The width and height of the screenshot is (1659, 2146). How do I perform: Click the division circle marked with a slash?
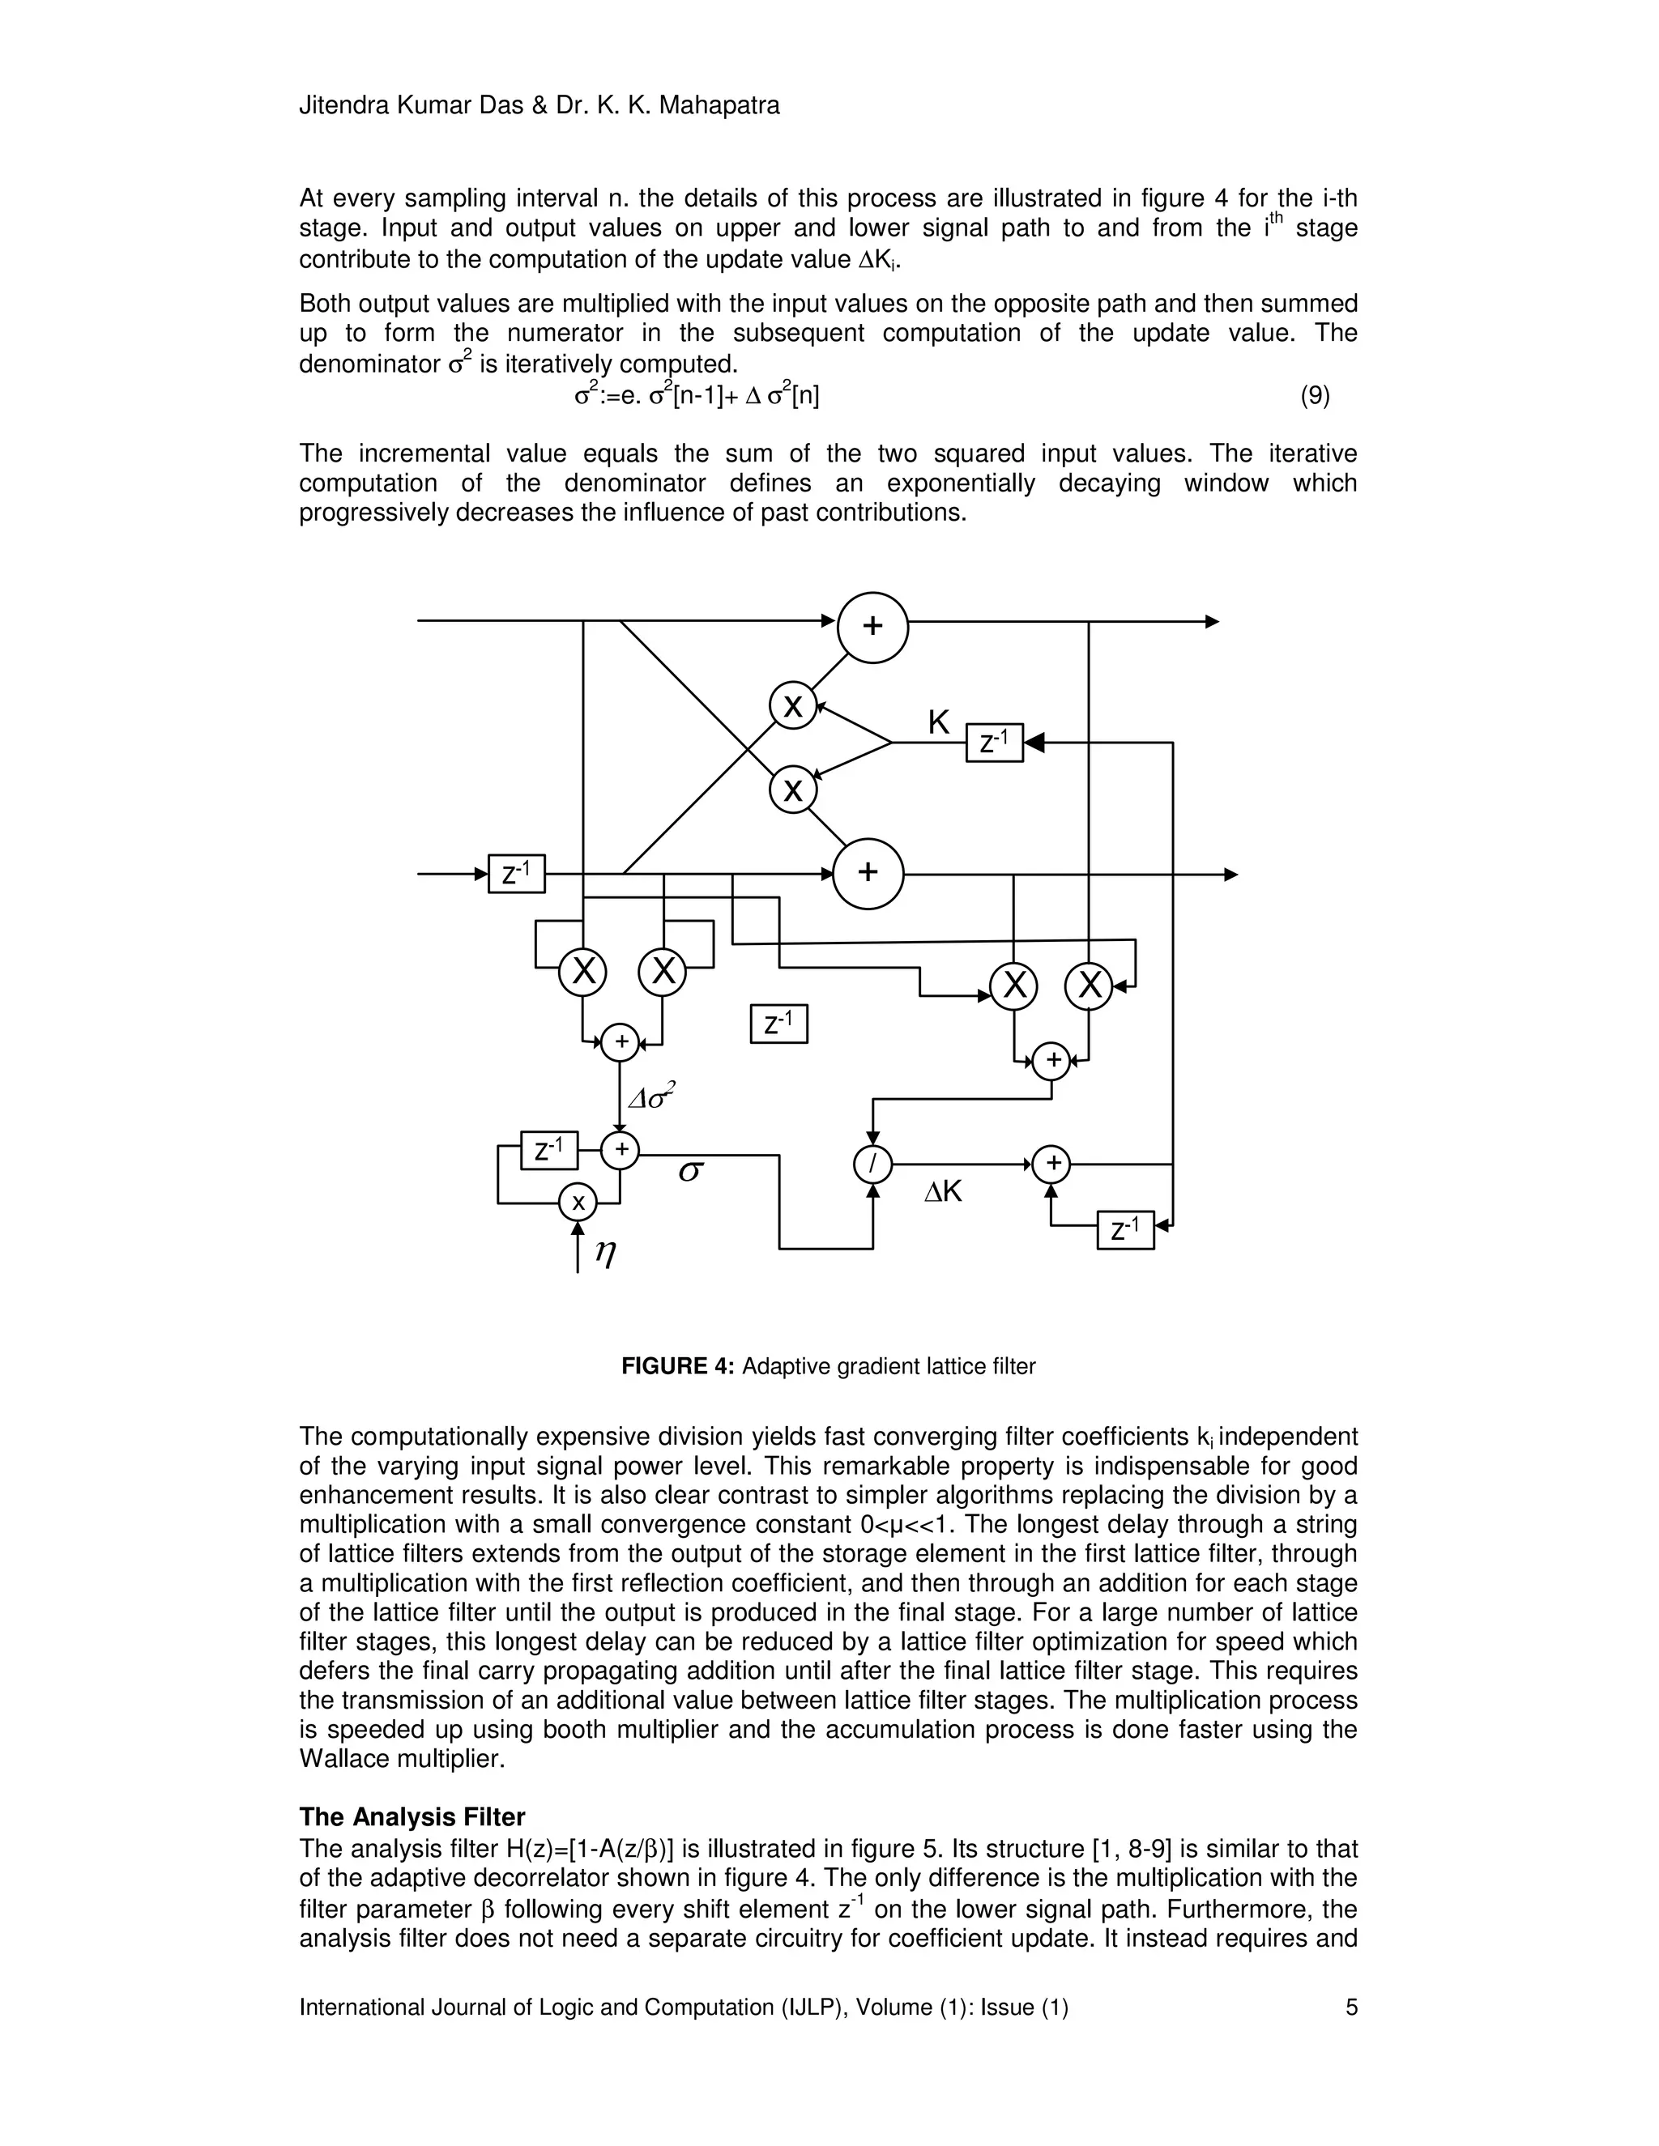tap(872, 1165)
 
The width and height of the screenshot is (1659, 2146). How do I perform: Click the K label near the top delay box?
tap(939, 723)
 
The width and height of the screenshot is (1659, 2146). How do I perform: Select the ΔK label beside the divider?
tap(943, 1192)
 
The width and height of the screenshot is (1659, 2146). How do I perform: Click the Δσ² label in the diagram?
tap(653, 1096)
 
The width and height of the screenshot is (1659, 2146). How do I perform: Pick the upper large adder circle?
tap(872, 627)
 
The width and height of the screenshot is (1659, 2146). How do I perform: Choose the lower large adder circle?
tap(868, 874)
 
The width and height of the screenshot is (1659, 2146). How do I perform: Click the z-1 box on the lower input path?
tap(516, 874)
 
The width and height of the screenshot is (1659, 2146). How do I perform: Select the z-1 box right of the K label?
tap(995, 743)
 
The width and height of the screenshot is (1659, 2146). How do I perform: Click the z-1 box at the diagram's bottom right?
tap(1125, 1229)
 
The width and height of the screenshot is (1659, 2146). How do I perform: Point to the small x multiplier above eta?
tap(578, 1202)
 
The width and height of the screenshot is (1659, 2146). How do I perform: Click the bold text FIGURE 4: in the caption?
tap(678, 1367)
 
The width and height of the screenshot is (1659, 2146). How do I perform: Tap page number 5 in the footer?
tap(1351, 2008)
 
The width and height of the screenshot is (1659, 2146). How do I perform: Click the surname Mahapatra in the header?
tap(719, 105)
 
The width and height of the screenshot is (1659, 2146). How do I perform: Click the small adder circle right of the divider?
tap(1051, 1165)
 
